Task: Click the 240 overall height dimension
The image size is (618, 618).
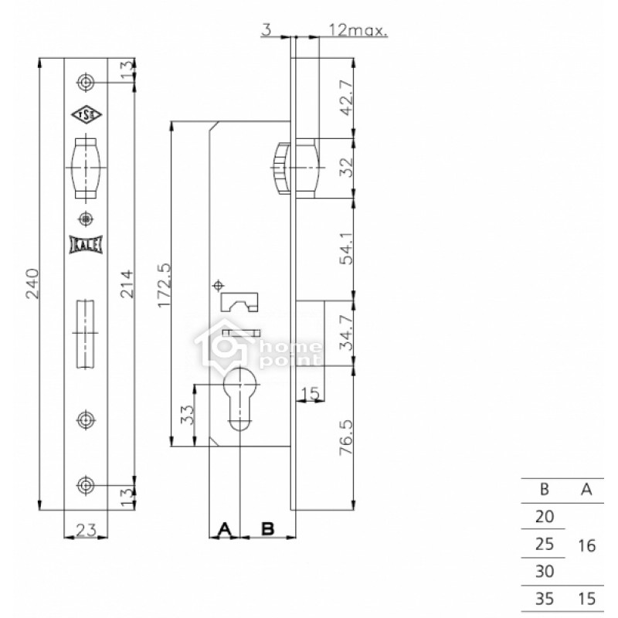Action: point(32,284)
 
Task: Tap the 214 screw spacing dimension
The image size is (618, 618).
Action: point(127,284)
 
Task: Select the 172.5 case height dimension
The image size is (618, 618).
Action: point(165,285)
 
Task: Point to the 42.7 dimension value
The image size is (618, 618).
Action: point(346,98)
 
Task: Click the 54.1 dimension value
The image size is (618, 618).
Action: point(346,248)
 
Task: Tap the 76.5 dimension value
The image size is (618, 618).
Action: point(346,437)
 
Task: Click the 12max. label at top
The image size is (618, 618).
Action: point(358,30)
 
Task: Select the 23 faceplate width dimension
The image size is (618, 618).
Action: point(86,531)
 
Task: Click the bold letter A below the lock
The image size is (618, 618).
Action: point(225,529)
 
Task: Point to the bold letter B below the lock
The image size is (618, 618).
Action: point(267,528)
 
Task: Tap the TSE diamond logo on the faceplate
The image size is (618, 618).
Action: point(87,114)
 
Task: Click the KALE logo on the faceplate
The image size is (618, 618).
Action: point(86,244)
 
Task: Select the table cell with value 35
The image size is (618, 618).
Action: point(545,599)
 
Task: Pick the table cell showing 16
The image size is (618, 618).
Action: point(586,546)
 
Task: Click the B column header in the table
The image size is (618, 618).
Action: point(545,490)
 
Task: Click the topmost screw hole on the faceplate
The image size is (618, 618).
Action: point(86,83)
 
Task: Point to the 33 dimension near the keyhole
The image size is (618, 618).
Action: point(188,415)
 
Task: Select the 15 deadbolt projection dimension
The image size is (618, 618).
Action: point(310,393)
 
